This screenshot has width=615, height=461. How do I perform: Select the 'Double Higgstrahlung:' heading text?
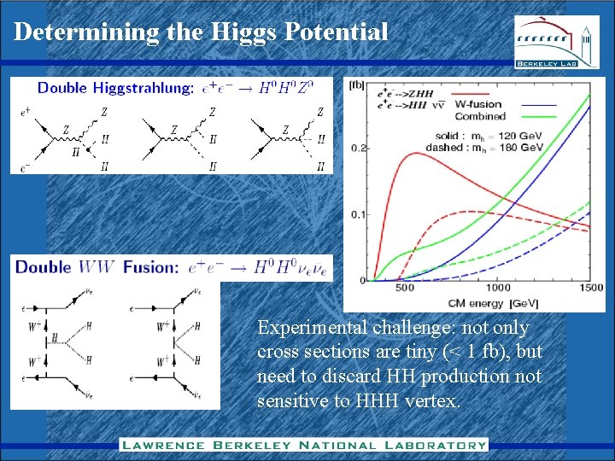(x=115, y=88)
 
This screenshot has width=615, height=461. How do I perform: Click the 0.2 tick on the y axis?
(x=357, y=148)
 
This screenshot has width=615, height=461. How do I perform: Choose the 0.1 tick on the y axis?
(x=357, y=214)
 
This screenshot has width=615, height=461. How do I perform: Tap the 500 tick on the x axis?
(x=405, y=288)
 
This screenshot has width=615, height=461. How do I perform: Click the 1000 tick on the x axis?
(x=498, y=288)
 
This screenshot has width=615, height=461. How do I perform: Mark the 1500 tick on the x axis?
(x=589, y=288)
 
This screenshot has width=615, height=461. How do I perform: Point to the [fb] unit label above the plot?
(x=358, y=84)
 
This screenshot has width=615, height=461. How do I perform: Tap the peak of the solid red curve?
(x=415, y=153)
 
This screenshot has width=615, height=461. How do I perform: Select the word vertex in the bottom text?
(x=431, y=400)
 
